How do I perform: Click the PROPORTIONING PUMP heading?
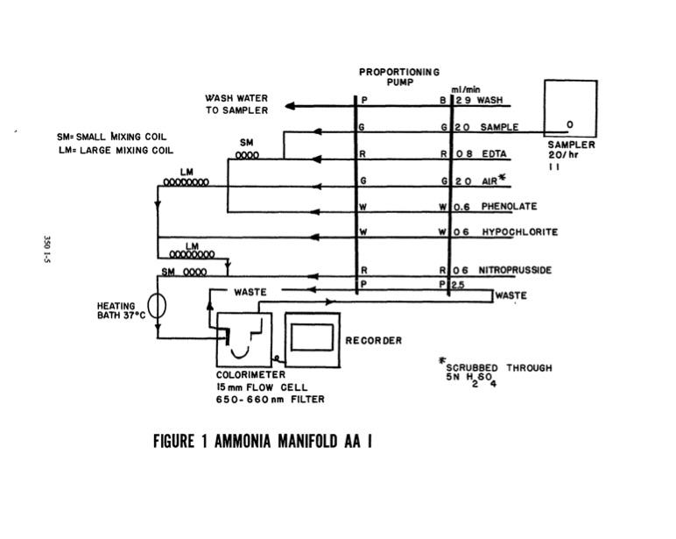pyautogui.click(x=399, y=75)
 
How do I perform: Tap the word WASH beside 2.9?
pyautogui.click(x=489, y=101)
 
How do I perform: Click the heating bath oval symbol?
pyautogui.click(x=157, y=306)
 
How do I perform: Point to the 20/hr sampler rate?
pyautogui.click(x=562, y=154)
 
